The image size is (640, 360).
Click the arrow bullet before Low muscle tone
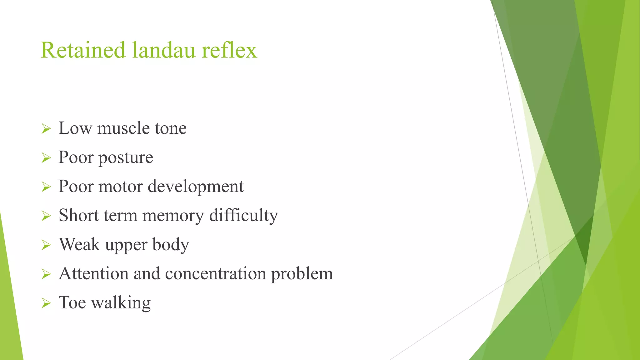pos(46,128)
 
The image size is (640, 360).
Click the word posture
pos(126,158)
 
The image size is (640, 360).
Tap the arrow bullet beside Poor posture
pos(46,158)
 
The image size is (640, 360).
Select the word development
pos(196,187)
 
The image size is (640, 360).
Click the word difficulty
pos(243,216)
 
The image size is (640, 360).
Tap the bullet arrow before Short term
pos(46,216)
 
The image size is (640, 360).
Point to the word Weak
pos(79,244)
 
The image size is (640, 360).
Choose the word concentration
pos(215,274)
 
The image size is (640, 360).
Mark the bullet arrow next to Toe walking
pos(46,303)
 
